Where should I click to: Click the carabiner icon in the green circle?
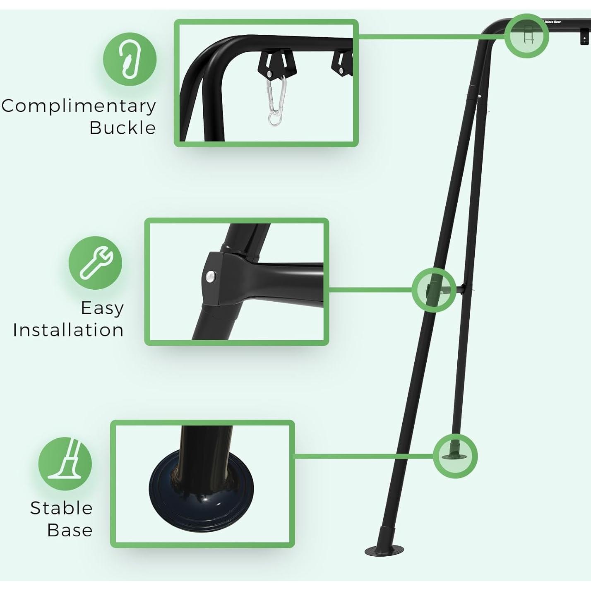(x=130, y=59)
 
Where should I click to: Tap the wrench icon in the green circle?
(x=96, y=263)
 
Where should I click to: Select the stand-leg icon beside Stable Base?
(x=65, y=464)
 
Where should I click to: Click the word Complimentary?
(x=79, y=106)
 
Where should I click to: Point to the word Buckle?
(x=123, y=128)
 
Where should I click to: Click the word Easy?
(x=102, y=308)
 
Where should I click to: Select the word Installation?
(x=68, y=330)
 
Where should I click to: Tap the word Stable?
(x=61, y=508)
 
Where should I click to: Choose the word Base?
(x=70, y=530)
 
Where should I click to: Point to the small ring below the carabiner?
(x=274, y=119)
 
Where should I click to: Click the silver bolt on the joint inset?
(x=211, y=276)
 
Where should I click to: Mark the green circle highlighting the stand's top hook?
(x=527, y=36)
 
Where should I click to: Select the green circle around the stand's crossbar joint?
(x=434, y=290)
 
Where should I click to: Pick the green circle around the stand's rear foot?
(x=455, y=456)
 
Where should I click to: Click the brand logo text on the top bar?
(x=552, y=22)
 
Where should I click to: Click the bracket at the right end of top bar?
(x=584, y=37)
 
